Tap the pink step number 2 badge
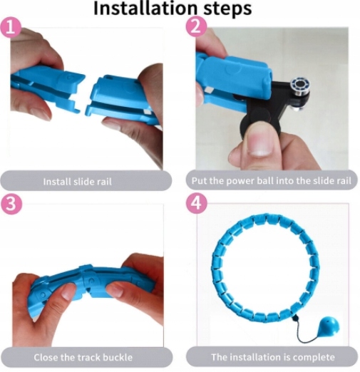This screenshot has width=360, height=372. pos(196,27)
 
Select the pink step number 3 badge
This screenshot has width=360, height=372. pos(11,204)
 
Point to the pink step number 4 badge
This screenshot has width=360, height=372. pos(196,203)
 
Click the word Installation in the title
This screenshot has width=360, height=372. pos(145,9)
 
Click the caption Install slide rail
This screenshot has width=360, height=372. pos(77,182)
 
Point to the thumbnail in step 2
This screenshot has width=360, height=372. pos(259,141)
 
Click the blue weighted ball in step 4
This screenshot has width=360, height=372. pos(329,327)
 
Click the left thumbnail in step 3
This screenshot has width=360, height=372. pos(67,291)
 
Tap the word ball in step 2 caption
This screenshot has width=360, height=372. pos(266,181)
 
